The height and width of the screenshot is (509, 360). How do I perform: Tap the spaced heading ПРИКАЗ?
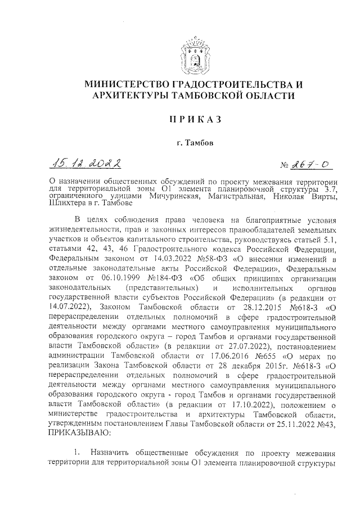[x=193, y=119]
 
